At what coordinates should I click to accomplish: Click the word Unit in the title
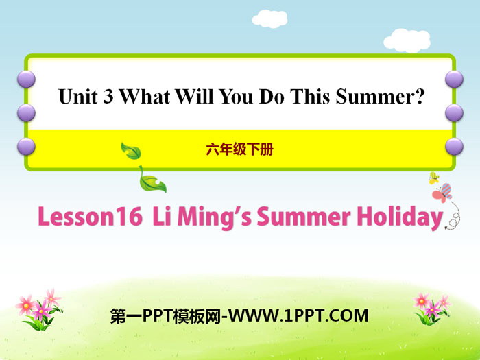(x=77, y=97)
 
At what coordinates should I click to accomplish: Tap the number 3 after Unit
(x=108, y=97)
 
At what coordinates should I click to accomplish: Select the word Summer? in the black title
(x=380, y=97)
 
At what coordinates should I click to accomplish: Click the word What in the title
(x=145, y=97)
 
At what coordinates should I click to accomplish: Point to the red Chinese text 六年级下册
(x=240, y=149)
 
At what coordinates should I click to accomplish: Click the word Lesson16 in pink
(x=91, y=217)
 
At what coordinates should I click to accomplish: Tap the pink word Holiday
(x=400, y=217)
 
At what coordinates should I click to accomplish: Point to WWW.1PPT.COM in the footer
(x=299, y=316)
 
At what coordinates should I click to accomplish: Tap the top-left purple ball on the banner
(x=26, y=79)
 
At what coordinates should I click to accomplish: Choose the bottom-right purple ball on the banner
(x=454, y=146)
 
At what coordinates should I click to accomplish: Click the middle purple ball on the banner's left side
(x=26, y=112)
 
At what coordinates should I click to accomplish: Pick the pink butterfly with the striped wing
(x=442, y=193)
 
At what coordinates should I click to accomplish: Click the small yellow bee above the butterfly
(x=434, y=178)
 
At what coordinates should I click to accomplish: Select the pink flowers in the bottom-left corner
(x=39, y=310)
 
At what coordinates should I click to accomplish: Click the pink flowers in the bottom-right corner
(x=431, y=309)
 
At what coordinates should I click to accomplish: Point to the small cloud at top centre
(x=269, y=19)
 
